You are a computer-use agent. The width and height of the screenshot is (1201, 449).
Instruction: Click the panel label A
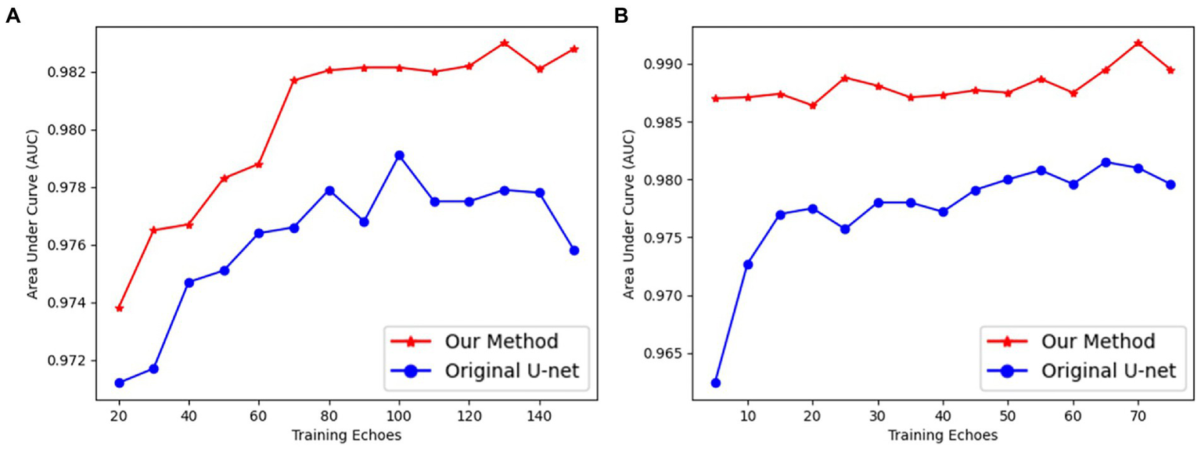13,16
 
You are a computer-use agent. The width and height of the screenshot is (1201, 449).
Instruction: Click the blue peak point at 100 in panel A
399,156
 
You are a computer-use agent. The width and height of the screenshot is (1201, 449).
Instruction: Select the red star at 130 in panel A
504,43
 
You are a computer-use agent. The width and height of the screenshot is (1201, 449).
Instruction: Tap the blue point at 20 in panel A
119,383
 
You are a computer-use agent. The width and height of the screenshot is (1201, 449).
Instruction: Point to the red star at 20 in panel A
119,308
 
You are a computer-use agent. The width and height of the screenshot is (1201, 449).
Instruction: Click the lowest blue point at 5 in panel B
715,383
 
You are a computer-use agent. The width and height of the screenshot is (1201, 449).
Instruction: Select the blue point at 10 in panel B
748,264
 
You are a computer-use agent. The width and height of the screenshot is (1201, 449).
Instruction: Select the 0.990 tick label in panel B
662,64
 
